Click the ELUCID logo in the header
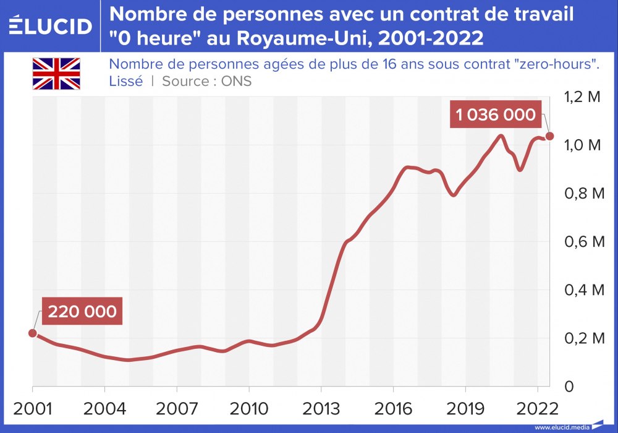coord(51,26)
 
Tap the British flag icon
coord(56,74)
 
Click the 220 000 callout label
coord(82,311)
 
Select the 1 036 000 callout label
coord(496,114)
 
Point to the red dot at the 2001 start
coord(33,333)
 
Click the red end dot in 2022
coord(549,136)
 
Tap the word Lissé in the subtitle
coord(125,81)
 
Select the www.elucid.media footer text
coord(562,427)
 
